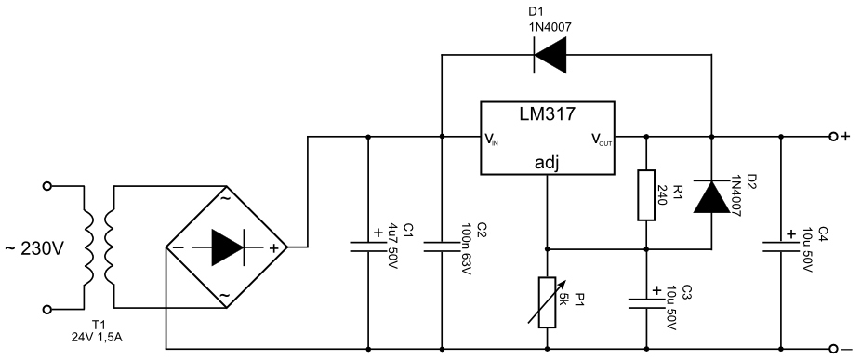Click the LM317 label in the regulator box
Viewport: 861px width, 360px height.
pos(548,113)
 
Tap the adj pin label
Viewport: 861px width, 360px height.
pos(547,163)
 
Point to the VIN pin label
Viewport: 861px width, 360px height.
pos(492,139)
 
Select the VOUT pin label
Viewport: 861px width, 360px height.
pos(602,139)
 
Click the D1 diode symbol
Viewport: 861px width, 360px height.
pos(550,55)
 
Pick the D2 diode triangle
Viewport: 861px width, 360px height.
pos(711,196)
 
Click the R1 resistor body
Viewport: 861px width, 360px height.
pos(646,195)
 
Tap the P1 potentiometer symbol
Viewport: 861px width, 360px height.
pos(548,302)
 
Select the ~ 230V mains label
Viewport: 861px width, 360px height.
pos(34,249)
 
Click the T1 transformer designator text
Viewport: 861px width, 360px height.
pos(99,327)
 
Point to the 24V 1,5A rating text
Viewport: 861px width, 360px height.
pos(97,338)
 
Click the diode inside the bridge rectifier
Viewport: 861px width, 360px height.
pos(228,247)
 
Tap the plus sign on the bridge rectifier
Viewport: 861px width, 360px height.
pos(273,247)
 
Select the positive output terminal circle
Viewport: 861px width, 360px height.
pos(833,136)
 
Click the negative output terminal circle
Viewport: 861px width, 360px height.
pos(833,349)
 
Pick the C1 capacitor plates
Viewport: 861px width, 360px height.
pos(368,246)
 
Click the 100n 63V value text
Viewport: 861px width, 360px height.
pos(466,250)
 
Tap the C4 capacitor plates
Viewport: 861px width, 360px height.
pos(780,246)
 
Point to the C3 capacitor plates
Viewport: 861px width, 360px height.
pos(646,303)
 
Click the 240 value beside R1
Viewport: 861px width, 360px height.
pos(662,194)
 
